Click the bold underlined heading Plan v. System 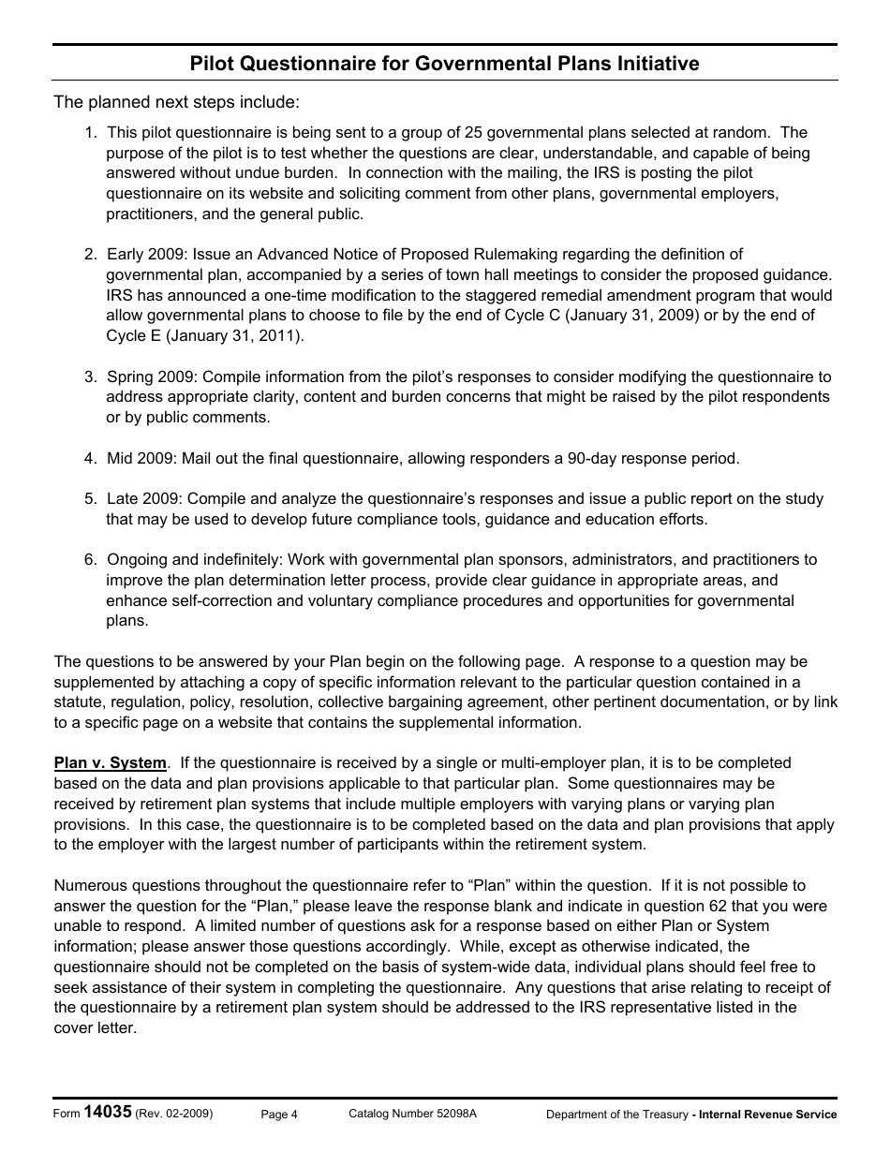110,762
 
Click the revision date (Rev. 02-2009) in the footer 174,1114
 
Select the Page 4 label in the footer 279,1114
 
